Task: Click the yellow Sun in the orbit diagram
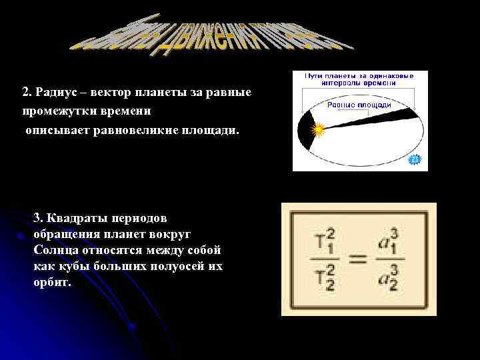click(318, 129)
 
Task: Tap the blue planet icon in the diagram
click(415, 159)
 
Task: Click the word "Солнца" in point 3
click(53, 250)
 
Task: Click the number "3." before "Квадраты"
click(37, 218)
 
